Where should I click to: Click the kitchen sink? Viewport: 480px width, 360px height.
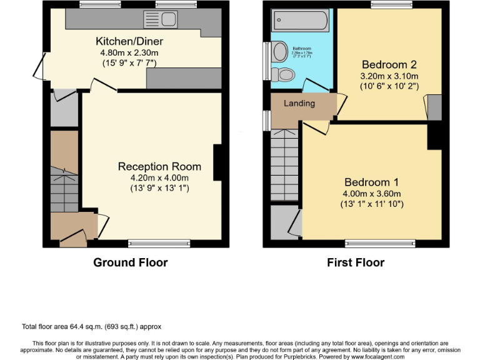153,18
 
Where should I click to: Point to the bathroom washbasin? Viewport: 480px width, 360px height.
279,52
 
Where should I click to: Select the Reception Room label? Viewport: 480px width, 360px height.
159,166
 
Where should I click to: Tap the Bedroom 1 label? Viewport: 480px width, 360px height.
371,182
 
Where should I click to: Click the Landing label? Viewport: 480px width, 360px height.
299,104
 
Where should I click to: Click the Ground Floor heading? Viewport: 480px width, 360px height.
130,262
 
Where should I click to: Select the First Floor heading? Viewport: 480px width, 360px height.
356,262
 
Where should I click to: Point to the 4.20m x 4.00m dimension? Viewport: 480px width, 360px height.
159,177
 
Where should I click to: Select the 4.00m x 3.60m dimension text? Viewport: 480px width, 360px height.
371,193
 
